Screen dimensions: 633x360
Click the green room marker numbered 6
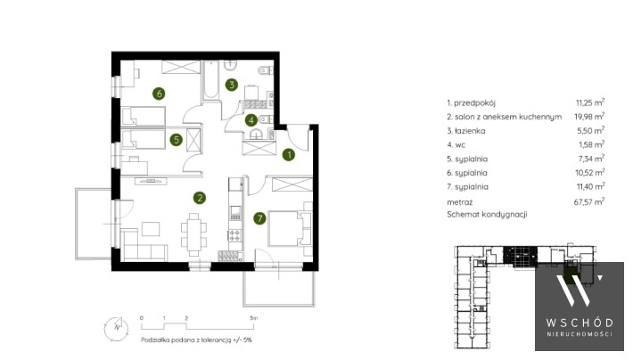point(159,94)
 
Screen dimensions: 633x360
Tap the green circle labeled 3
point(231,85)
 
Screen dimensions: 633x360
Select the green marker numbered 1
point(289,154)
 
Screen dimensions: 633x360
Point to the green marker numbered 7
point(259,218)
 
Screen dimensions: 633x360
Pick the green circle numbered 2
point(200,198)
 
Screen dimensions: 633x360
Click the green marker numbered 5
point(176,140)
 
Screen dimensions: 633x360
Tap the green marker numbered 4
point(251,120)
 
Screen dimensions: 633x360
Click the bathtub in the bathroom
point(210,80)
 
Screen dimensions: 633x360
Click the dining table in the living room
point(194,234)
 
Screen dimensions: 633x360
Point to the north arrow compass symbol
point(116,327)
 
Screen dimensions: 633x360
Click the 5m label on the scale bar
point(253,318)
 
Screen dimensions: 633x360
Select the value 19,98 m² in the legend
point(589,116)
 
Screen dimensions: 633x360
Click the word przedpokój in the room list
point(474,103)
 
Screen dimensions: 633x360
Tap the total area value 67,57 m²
point(589,201)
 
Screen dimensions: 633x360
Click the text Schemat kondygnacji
point(487,214)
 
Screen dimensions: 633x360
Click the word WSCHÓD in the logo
point(580,323)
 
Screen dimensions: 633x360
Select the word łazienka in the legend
point(470,131)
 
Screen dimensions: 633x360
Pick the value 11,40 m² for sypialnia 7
point(590,186)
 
